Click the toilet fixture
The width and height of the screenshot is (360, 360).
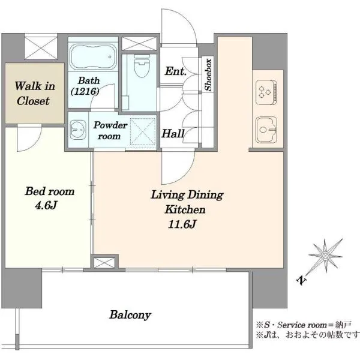[x=142, y=65]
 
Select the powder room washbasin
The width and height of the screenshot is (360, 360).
[x=78, y=130]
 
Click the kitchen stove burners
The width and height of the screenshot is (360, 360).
[x=266, y=92]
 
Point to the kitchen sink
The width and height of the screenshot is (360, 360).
[x=266, y=130]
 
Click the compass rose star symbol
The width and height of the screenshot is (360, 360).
[x=325, y=256]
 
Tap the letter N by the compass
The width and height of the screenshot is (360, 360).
[x=301, y=281]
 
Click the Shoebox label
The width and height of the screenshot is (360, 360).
[x=208, y=75]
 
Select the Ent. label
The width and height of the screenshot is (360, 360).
[x=176, y=71]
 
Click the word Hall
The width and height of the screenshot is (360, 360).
[x=173, y=133]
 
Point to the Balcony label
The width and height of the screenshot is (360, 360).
[x=130, y=315]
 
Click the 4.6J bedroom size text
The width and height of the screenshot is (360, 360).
[x=46, y=205]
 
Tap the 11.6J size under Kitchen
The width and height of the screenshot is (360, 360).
[x=182, y=224]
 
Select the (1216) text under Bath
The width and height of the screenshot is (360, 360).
[x=85, y=92]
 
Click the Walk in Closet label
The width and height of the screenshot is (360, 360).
[x=34, y=94]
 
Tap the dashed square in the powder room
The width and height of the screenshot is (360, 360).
[x=142, y=131]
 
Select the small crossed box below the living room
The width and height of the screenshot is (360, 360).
[x=104, y=263]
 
